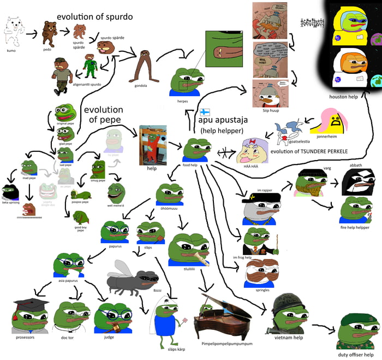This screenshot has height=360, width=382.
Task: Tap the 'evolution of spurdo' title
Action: click(94, 17)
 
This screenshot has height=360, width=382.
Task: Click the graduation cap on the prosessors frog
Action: click(32, 305)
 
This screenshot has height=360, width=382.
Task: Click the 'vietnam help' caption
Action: click(289, 338)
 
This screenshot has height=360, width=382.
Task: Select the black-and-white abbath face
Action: click(358, 182)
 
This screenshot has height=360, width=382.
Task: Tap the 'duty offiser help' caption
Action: click(359, 355)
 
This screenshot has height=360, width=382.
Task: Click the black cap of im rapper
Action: click(262, 197)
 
